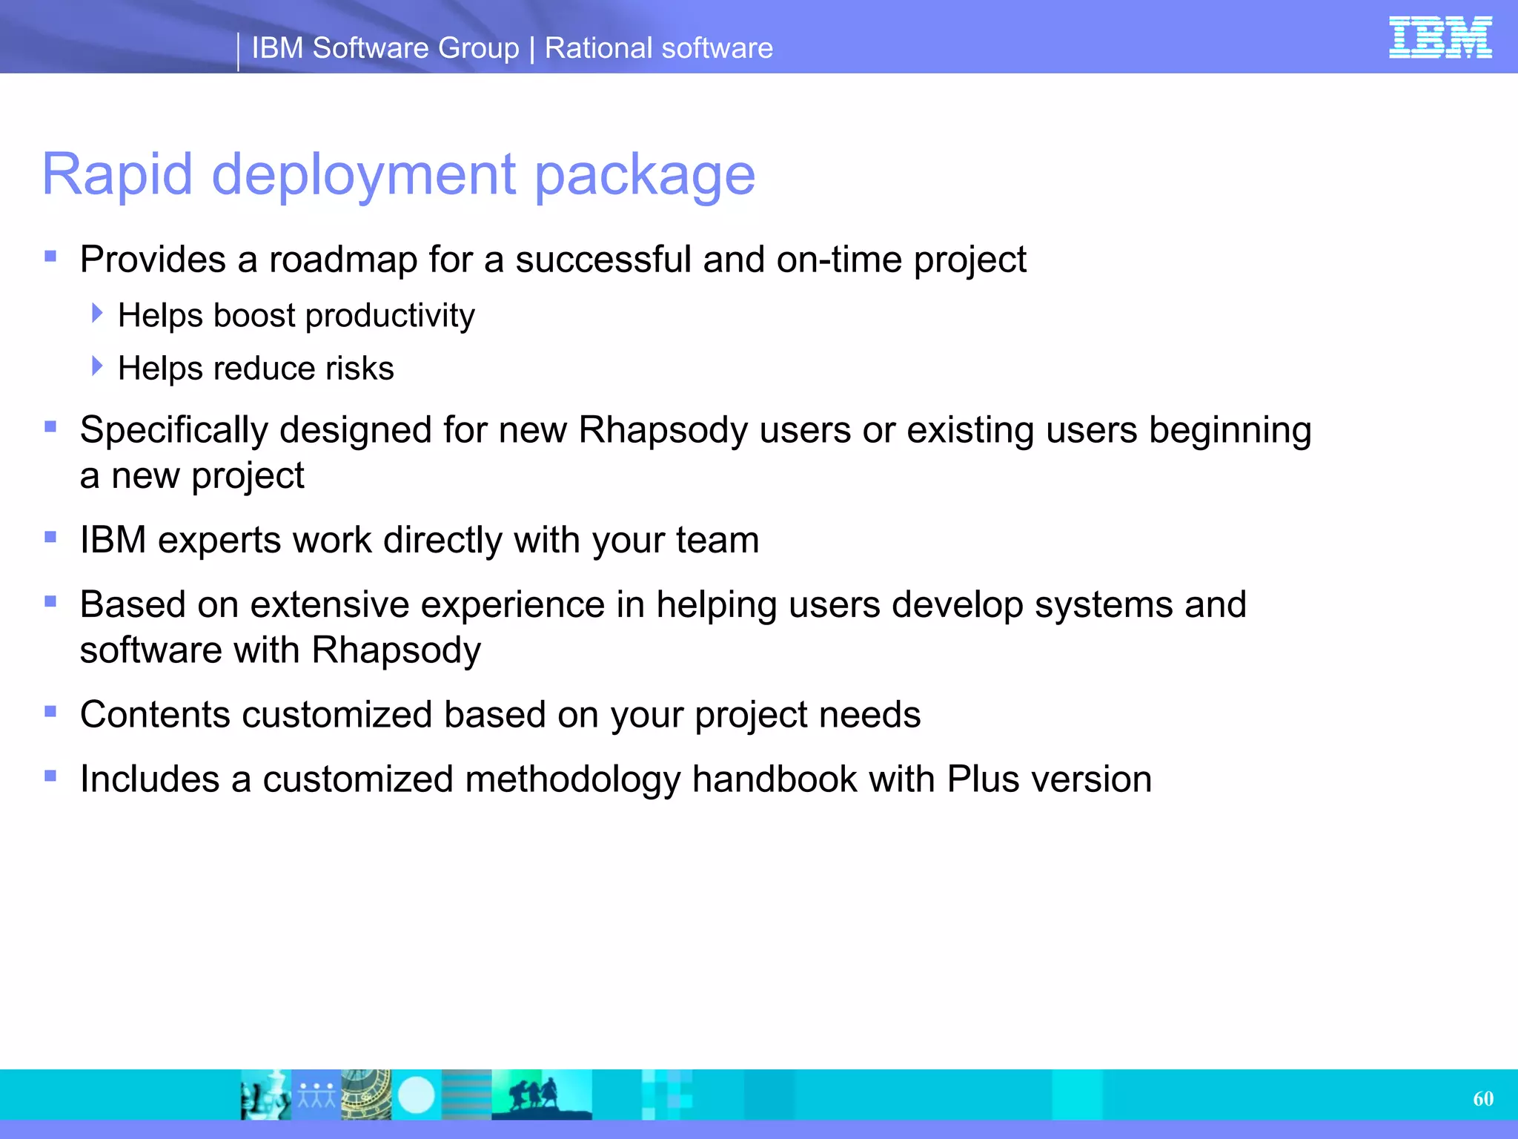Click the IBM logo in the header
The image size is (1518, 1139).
tap(1439, 37)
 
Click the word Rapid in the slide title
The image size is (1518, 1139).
tap(117, 174)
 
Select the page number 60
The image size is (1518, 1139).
tap(1482, 1098)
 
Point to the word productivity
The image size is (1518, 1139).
tap(390, 317)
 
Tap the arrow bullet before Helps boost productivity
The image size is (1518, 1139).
tap(97, 313)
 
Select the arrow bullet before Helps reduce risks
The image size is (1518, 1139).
tap(97, 366)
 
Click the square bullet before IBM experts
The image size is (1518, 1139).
tap(50, 537)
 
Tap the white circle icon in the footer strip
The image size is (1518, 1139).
tap(417, 1095)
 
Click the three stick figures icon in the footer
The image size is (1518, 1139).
tap(316, 1095)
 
